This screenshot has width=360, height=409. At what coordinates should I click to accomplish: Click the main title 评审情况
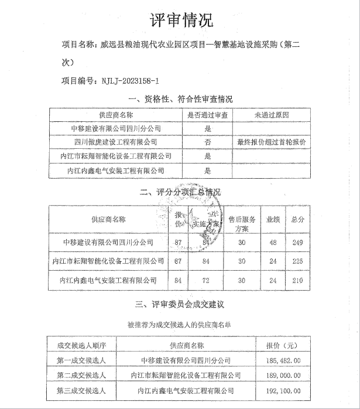click(180, 21)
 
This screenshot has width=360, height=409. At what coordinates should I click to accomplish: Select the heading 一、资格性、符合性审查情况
click(180, 98)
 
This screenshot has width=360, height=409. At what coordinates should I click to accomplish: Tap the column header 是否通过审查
click(207, 115)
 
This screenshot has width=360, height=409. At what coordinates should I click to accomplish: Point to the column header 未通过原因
click(272, 115)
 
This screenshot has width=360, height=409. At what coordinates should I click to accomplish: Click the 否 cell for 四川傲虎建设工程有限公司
click(207, 142)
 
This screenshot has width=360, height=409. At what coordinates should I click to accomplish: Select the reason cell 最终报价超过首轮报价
click(272, 142)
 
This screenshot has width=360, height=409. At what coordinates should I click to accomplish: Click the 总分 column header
click(298, 219)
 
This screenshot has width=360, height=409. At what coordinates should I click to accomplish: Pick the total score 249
click(298, 241)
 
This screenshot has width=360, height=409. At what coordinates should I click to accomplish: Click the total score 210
click(298, 281)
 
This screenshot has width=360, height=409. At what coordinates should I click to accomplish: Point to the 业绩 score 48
click(272, 241)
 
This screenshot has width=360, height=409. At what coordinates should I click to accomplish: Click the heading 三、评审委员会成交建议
click(180, 304)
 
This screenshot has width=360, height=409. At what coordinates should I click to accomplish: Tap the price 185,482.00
click(283, 360)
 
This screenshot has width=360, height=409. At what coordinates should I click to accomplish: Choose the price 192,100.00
click(283, 390)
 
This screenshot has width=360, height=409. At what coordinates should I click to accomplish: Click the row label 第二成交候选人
click(81, 375)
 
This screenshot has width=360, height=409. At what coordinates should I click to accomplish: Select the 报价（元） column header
click(283, 345)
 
